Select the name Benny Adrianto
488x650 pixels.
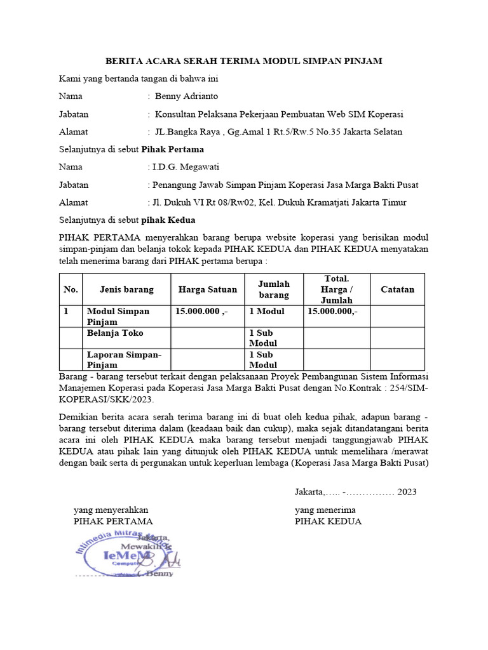[x=186, y=96]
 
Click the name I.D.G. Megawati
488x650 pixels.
[x=183, y=168]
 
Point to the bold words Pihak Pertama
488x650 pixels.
[x=172, y=150]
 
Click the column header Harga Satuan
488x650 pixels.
[x=208, y=289]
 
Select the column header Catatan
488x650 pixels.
[x=397, y=289]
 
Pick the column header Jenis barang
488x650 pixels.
[x=126, y=289]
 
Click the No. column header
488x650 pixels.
[x=71, y=289]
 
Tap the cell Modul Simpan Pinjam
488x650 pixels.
[x=118, y=316]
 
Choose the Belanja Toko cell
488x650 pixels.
[x=115, y=333]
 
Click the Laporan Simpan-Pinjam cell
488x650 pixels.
[x=124, y=359]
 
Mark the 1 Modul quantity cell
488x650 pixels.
[x=267, y=312]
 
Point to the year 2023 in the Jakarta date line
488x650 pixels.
[x=407, y=492]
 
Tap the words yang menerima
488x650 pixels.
[x=325, y=510]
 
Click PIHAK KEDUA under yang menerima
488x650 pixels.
[x=328, y=521]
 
